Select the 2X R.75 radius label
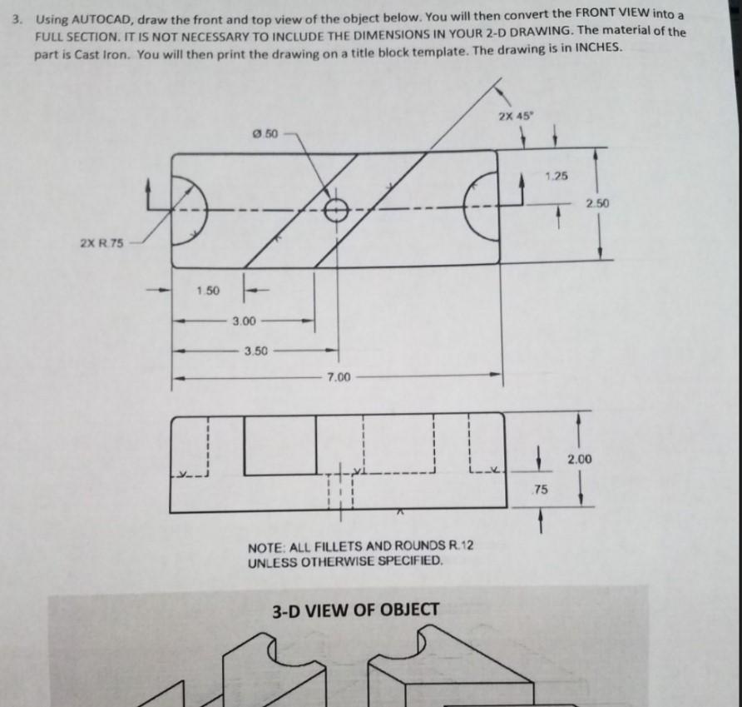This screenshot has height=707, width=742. [101, 243]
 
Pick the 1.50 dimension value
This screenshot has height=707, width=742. [208, 291]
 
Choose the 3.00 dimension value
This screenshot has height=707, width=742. [244, 320]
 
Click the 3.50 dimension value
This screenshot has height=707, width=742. [255, 350]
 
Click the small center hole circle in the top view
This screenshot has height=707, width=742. [337, 208]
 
